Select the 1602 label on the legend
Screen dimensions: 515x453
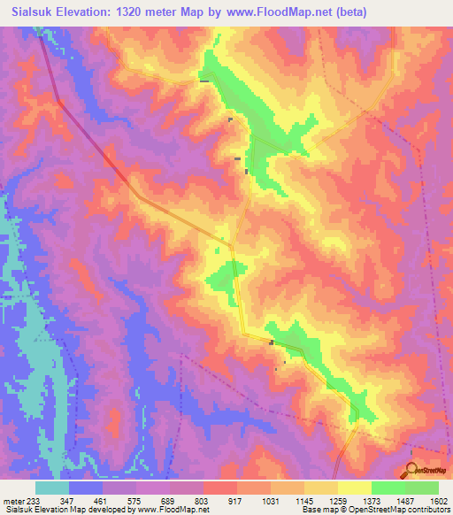pos(439,501)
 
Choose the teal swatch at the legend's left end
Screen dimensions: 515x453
pos(52,488)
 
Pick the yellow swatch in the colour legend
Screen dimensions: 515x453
pos(355,488)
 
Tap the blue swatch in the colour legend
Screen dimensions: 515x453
pos(86,488)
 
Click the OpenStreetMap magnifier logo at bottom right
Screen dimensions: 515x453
pos(412,470)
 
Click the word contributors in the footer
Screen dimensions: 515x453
pos(429,511)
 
